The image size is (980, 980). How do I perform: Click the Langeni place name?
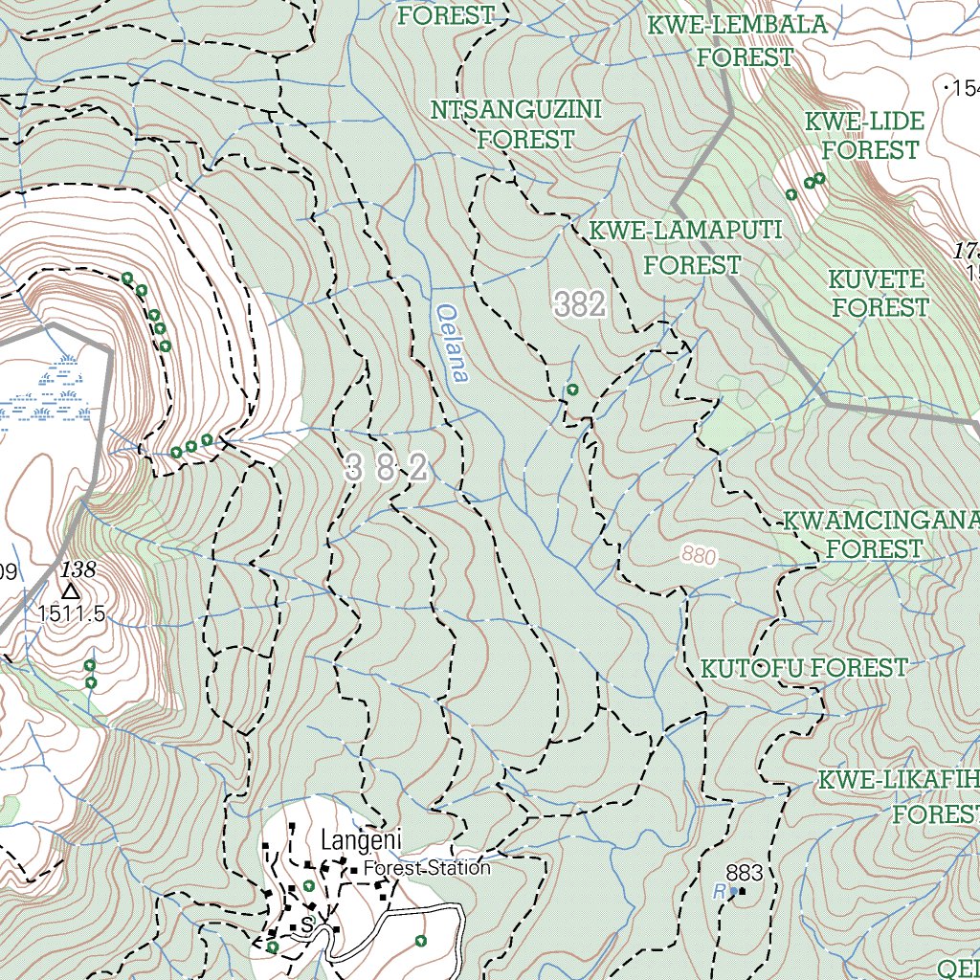pyautogui.click(x=362, y=841)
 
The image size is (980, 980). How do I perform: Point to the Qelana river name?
pyautogui.click(x=452, y=344)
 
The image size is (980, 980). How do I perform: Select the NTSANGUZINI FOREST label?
pyautogui.click(x=516, y=124)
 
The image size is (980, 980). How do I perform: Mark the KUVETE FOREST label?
pyautogui.click(x=878, y=293)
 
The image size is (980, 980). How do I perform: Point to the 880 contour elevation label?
pyautogui.click(x=700, y=555)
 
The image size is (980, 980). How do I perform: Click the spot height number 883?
pyautogui.click(x=745, y=872)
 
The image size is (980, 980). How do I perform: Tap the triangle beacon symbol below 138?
pyautogui.click(x=71, y=591)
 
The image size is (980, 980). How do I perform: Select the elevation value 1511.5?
pyautogui.click(x=72, y=613)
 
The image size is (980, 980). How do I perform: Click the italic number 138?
pyautogui.click(x=78, y=569)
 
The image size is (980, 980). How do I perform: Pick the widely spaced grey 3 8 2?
pyautogui.click(x=387, y=469)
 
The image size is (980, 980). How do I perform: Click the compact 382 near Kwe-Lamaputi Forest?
pyautogui.click(x=580, y=305)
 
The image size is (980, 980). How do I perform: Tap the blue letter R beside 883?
pyautogui.click(x=719, y=890)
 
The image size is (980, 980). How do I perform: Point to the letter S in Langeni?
pyautogui.click(x=306, y=924)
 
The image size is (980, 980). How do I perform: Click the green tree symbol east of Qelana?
pyautogui.click(x=572, y=390)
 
